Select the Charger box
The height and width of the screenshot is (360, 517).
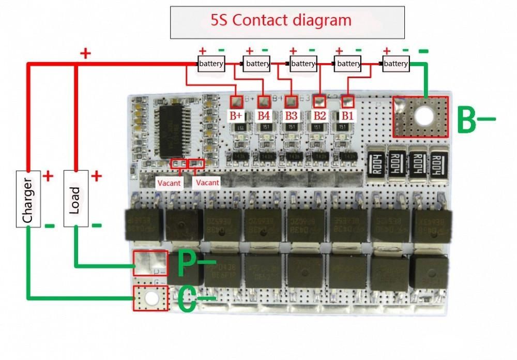click(x=28, y=199)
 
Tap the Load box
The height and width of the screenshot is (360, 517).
click(x=75, y=199)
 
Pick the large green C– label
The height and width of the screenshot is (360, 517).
click(x=195, y=300)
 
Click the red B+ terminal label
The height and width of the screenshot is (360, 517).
click(x=237, y=115)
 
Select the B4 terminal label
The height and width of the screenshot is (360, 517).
click(x=264, y=115)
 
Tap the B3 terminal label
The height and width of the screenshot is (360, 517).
click(x=291, y=115)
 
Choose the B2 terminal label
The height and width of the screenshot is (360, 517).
click(x=319, y=115)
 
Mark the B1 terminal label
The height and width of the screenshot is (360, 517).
click(x=346, y=115)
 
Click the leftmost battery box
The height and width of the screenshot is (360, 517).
click(x=211, y=64)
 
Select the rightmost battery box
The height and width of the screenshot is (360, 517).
click(x=396, y=64)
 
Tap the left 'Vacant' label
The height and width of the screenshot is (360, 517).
click(x=169, y=183)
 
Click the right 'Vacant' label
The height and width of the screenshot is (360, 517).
click(x=207, y=183)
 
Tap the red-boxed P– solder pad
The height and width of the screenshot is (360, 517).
click(x=150, y=263)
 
